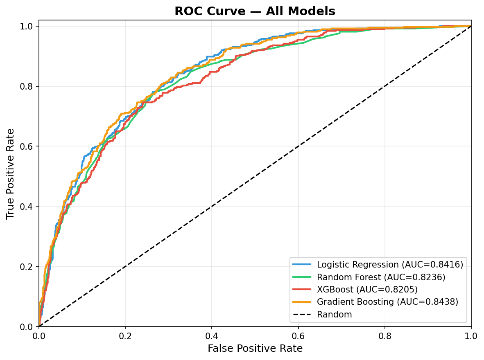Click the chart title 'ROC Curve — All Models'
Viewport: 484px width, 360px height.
click(x=255, y=11)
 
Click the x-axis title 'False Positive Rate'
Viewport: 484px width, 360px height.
click(x=255, y=349)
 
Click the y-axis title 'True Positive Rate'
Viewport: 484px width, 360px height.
click(x=11, y=173)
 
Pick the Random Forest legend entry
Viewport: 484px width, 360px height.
click(x=381, y=277)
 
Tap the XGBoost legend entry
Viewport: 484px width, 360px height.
click(x=367, y=290)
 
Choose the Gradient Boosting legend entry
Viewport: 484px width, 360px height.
click(x=387, y=302)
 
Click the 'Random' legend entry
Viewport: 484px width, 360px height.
click(x=334, y=315)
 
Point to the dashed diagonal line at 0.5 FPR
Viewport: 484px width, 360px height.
click(x=255, y=176)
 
